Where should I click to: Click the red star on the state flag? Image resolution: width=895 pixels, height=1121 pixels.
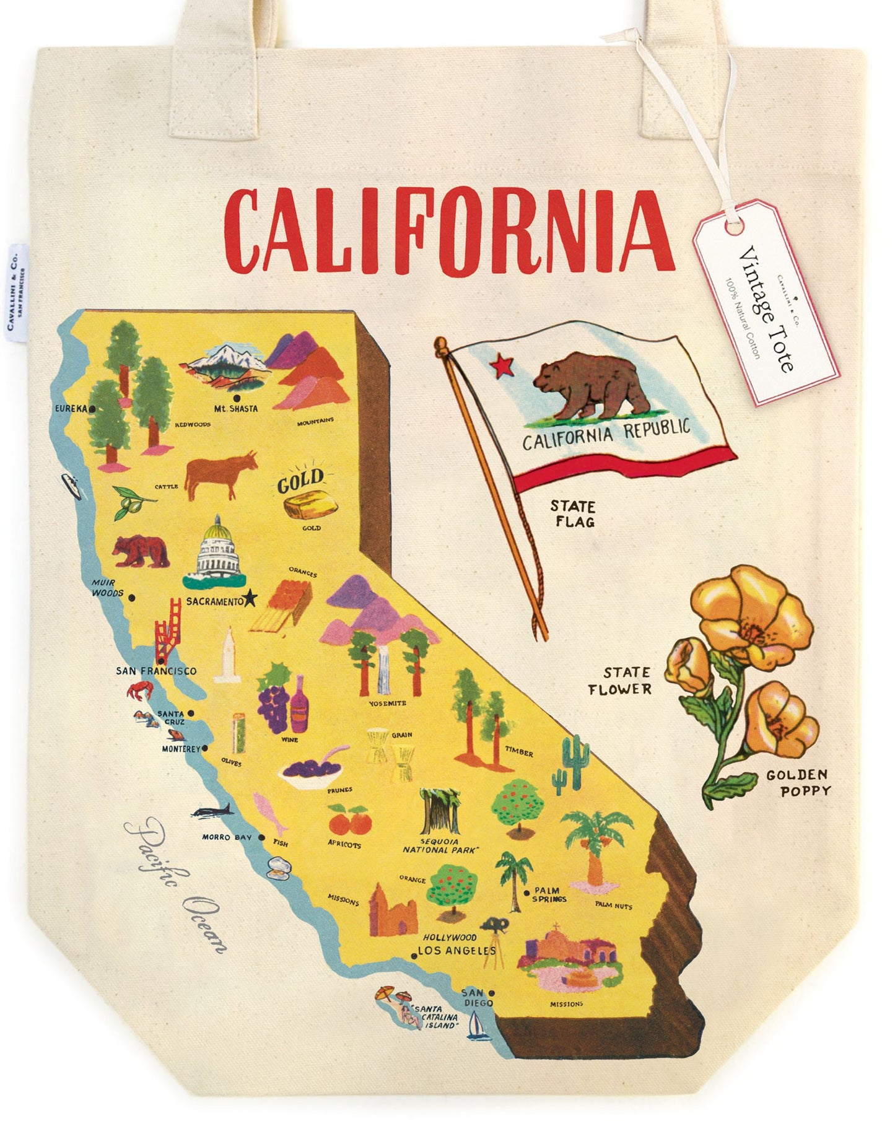(502, 366)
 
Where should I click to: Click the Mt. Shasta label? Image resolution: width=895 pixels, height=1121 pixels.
(236, 409)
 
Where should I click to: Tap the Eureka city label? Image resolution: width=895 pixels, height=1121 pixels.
(72, 409)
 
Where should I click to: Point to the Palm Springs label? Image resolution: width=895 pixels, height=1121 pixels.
(549, 894)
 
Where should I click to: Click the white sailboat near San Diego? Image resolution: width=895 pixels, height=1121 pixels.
(476, 1024)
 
